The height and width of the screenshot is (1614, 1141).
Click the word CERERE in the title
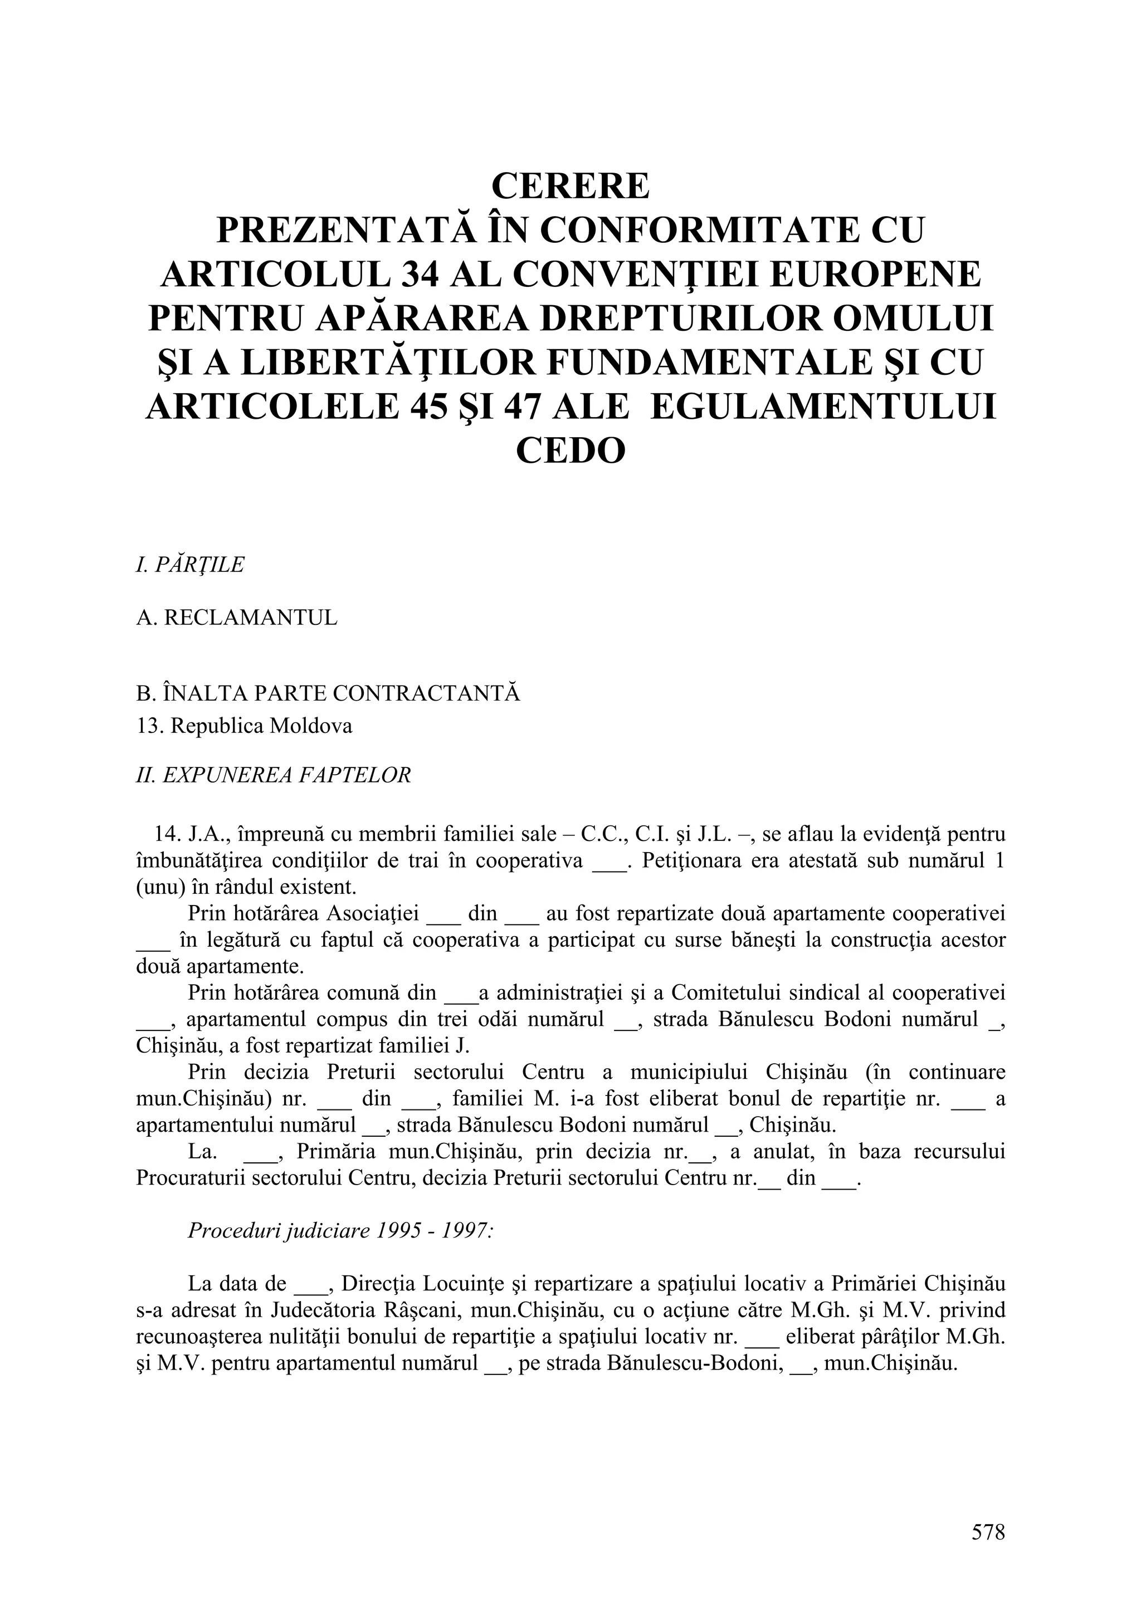click(x=570, y=186)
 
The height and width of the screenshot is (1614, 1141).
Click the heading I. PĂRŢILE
click(x=190, y=565)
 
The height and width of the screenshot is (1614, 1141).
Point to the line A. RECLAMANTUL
click(x=236, y=618)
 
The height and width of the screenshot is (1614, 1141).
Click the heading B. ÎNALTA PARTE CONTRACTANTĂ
click(x=328, y=693)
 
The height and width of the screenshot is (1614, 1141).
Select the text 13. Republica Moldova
click(x=244, y=726)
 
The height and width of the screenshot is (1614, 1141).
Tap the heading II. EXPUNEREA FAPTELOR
click(x=273, y=775)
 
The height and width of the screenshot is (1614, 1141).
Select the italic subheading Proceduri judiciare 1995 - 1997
click(x=340, y=1231)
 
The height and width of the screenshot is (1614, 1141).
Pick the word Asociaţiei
click(x=373, y=914)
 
